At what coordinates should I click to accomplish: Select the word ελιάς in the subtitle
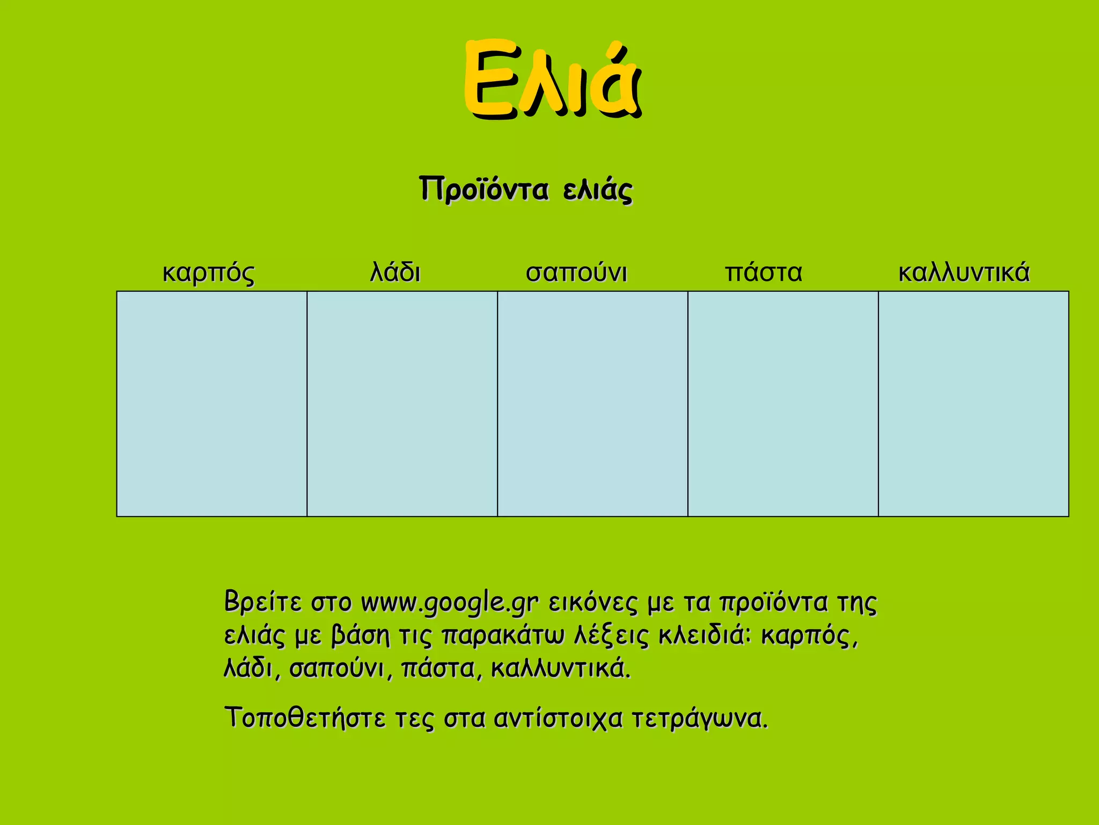598,190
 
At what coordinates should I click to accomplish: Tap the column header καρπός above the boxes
208,273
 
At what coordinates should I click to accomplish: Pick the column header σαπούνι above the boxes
576,273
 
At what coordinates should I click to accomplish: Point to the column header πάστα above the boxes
764,272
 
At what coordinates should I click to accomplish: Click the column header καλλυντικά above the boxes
964,272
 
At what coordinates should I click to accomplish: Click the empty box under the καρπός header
211,404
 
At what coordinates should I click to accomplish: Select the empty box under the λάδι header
402,404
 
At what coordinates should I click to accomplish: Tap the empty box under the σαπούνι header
592,404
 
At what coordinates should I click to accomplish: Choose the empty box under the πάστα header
783,404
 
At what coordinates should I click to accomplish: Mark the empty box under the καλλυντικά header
973,404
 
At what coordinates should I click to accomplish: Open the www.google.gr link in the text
449,603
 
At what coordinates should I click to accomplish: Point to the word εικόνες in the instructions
593,603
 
